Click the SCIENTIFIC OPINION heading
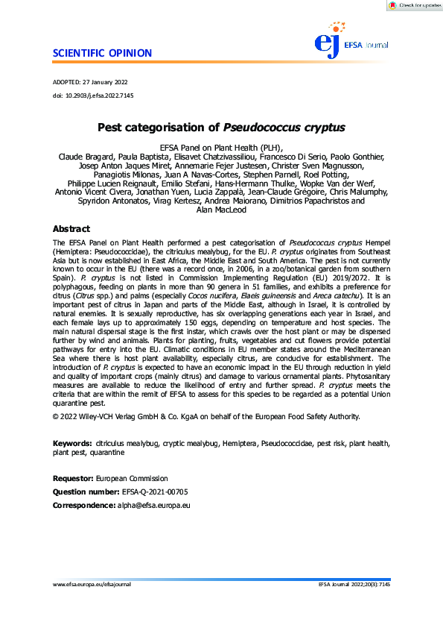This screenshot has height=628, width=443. [103, 53]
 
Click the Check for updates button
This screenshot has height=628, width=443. [414, 5]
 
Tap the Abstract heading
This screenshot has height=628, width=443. [71, 229]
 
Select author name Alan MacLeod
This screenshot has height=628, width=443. [221, 210]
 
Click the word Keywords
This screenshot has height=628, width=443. [72, 443]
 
